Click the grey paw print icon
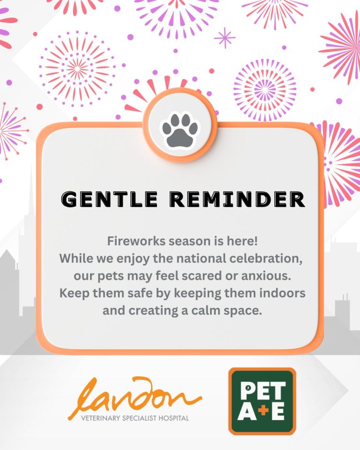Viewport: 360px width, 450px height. tap(180, 131)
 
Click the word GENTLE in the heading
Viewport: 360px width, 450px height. tap(110, 199)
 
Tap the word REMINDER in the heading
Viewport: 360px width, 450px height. tap(237, 199)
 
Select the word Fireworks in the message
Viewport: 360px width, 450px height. tap(136, 241)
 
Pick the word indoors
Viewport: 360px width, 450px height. tap(283, 293)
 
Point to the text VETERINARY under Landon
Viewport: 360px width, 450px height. tap(100, 418)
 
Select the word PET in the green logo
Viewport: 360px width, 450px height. tap(262, 390)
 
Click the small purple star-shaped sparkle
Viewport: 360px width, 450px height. tap(225, 38)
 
